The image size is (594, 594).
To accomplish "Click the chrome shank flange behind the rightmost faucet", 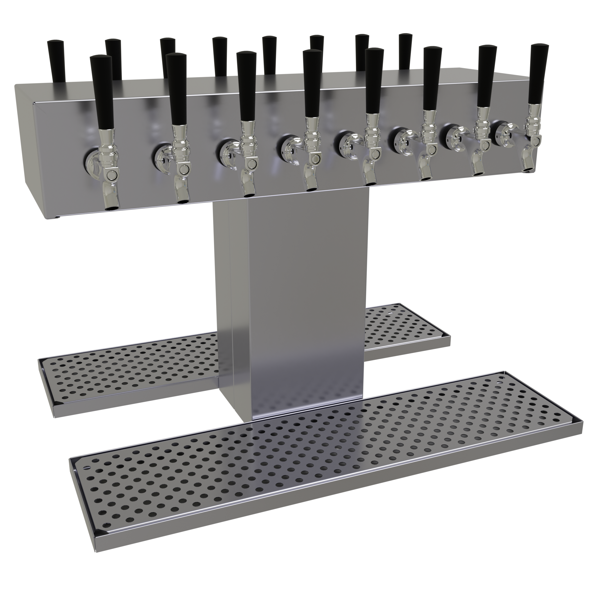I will coord(503,132).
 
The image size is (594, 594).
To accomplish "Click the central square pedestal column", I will coord(304,307).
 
